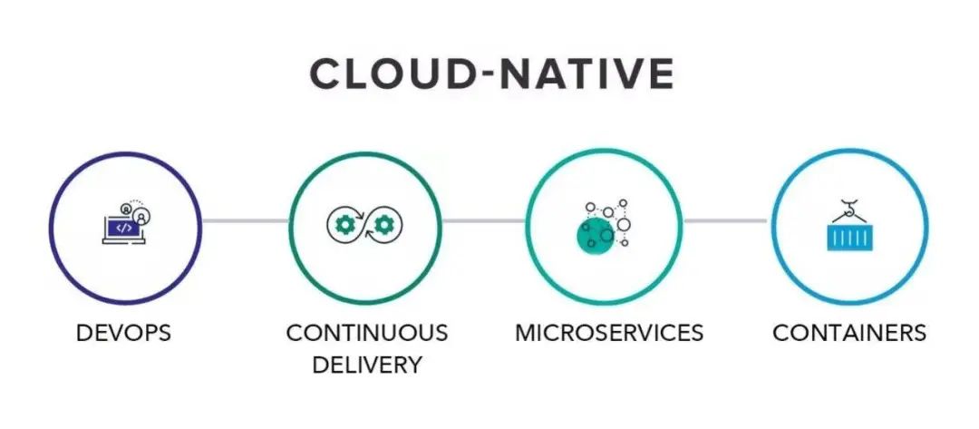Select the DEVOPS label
pyautogui.click(x=124, y=333)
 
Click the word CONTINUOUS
pyautogui.click(x=366, y=333)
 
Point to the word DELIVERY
pyautogui.click(x=366, y=365)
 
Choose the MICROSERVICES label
pyautogui.click(x=608, y=333)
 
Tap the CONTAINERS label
pyautogui.click(x=849, y=333)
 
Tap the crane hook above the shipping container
pyautogui.click(x=850, y=208)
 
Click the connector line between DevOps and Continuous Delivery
pyautogui.click(x=245, y=220)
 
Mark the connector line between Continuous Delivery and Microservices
pyautogui.click(x=484, y=220)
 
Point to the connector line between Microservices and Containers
pyautogui.click(x=725, y=220)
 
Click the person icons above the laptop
pyautogui.click(x=139, y=211)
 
